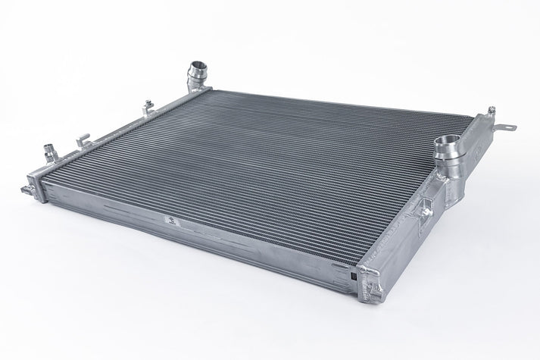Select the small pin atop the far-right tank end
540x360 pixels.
tap(492, 111)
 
